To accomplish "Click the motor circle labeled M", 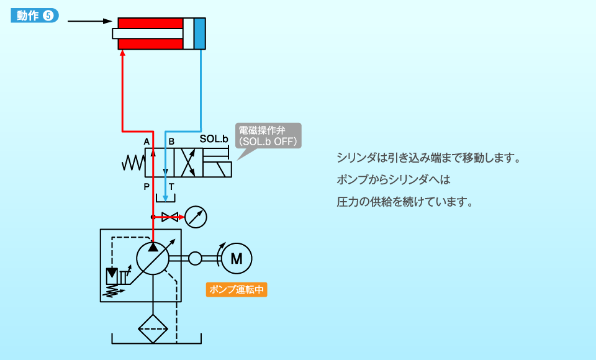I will click(x=237, y=259).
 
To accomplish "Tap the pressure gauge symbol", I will click(x=196, y=217).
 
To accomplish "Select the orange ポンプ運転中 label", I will click(x=237, y=289).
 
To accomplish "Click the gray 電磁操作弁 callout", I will click(x=268, y=136).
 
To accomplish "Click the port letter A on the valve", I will click(x=147, y=142).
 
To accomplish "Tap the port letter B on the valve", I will click(x=171, y=142).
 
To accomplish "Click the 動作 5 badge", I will click(x=35, y=16).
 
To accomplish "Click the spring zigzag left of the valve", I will click(x=133, y=163).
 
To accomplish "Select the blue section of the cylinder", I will click(x=199, y=34).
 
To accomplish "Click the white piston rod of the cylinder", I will click(x=148, y=34).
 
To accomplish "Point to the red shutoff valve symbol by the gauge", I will click(x=169, y=217).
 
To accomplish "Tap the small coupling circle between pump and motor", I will click(x=195, y=258).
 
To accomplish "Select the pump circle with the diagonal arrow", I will click(x=153, y=258).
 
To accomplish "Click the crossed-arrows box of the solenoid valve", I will click(x=187, y=163).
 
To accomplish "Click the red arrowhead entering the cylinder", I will click(x=123, y=55).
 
